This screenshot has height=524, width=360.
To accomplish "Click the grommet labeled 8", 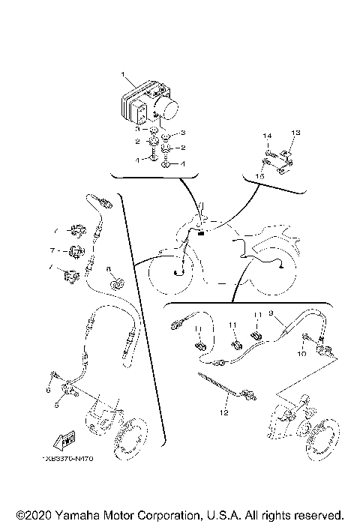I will pyautogui.click(x=117, y=284).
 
